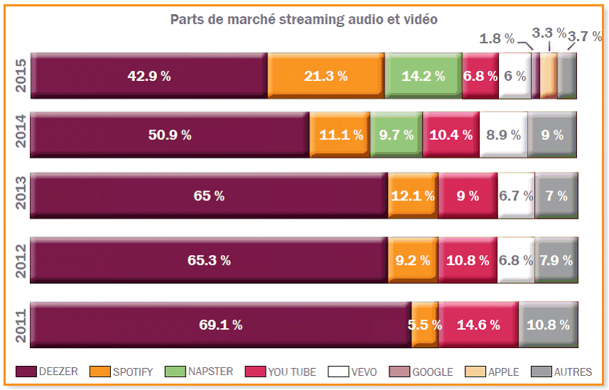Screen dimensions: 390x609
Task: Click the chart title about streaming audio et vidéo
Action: (303, 19)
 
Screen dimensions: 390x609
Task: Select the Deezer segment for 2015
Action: (149, 76)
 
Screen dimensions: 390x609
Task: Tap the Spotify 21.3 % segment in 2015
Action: (325, 76)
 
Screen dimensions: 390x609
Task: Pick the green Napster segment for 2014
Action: (397, 135)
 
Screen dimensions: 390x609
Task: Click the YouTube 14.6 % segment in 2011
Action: (478, 325)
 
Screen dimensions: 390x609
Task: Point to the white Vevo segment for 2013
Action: (515, 196)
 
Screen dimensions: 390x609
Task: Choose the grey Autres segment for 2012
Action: (556, 260)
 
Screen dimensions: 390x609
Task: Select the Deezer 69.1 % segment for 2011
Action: (220, 325)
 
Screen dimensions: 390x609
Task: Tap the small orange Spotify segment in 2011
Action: (424, 325)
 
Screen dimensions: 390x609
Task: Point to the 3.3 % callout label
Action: (549, 33)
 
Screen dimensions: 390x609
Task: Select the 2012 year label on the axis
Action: (21, 260)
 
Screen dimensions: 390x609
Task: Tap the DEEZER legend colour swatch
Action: (26, 372)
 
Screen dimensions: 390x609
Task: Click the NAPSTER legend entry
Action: (198, 372)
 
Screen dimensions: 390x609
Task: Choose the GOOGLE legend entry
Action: (424, 372)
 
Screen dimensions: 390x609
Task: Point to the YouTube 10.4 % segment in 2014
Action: (451, 135)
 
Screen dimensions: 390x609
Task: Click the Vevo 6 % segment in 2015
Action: (514, 76)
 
